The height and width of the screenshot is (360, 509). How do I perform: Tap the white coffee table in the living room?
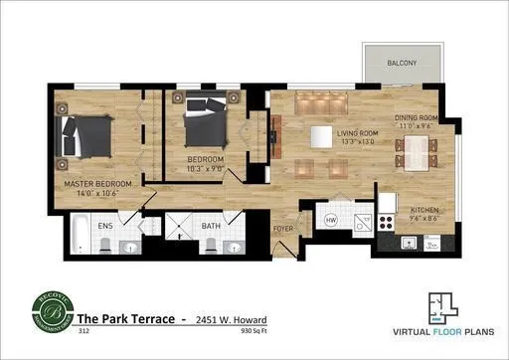320,135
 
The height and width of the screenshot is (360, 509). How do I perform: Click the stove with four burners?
387,224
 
